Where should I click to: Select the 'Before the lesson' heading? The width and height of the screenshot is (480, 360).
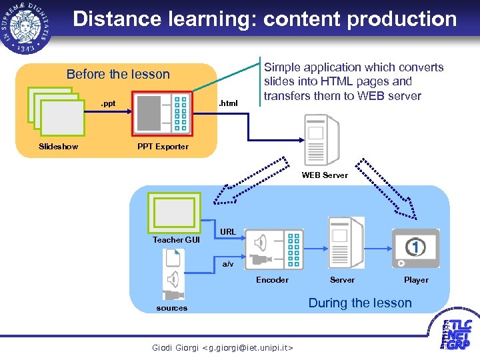coord(118,74)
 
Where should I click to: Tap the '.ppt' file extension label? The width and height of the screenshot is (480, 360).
coord(107,103)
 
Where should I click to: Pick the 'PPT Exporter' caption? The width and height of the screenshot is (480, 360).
coord(163,147)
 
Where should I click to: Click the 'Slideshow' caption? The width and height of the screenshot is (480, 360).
coord(58,147)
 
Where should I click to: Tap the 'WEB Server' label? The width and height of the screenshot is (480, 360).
coord(325,175)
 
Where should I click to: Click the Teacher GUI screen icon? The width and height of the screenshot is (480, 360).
coord(174,211)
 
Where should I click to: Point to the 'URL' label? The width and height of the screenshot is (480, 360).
coord(228,232)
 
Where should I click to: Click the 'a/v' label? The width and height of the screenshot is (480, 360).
coord(228,265)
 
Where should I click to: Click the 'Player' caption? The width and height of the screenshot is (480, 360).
coord(416,280)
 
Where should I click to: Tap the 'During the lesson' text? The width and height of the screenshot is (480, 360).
coord(360,303)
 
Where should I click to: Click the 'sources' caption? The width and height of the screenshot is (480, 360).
coord(172,308)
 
